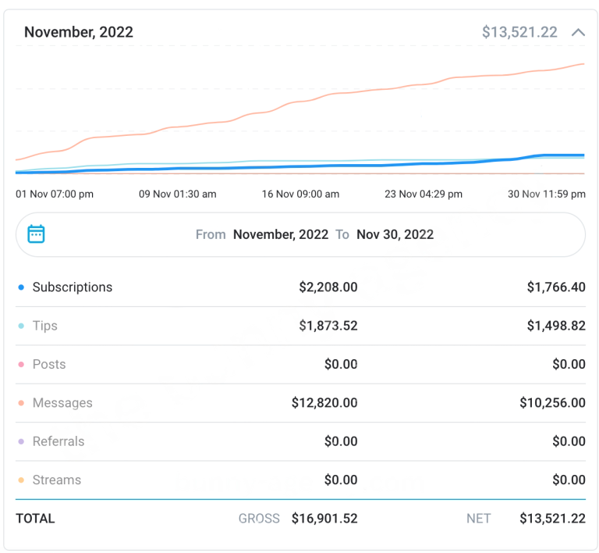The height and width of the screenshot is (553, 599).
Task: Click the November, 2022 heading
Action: (79, 32)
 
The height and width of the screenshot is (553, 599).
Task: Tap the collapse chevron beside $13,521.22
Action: (578, 33)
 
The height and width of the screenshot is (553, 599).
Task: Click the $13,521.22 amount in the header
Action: (519, 32)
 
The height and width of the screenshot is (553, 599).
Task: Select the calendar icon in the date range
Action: (36, 234)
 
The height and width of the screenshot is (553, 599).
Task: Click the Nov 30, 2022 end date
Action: (395, 234)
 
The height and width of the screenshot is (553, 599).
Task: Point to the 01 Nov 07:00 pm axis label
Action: (55, 194)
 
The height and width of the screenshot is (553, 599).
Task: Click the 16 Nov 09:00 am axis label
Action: (300, 194)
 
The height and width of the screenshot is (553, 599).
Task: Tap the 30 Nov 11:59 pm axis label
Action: (547, 194)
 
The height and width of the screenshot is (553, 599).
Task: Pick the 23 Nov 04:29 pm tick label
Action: (424, 194)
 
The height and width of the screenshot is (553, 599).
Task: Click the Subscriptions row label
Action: (73, 287)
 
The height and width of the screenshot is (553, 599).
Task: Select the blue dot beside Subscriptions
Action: (21, 287)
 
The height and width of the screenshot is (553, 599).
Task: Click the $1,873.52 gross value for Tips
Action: (328, 326)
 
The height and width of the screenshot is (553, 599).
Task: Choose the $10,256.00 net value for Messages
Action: (552, 403)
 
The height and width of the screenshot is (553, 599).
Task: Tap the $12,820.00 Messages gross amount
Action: (324, 403)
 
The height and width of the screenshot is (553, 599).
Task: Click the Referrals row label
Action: (58, 441)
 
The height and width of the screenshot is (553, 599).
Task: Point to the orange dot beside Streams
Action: (21, 480)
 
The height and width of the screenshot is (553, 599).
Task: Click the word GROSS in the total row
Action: (259, 519)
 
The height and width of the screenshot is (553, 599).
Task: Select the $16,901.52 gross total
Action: (324, 519)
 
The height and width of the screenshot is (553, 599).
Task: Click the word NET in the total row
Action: (479, 519)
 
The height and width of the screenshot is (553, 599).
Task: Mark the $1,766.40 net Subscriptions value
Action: (556, 287)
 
